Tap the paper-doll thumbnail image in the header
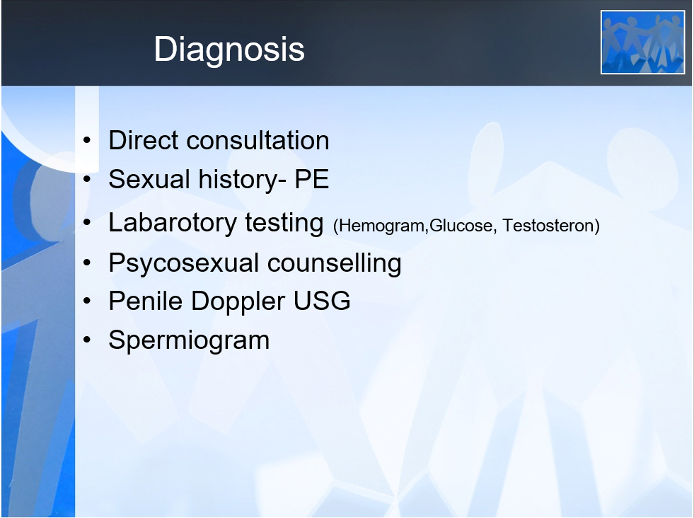(x=642, y=42)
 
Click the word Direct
(x=144, y=140)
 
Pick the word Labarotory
(x=173, y=223)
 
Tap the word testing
(x=284, y=223)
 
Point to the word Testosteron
(x=548, y=225)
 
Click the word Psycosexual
(x=184, y=263)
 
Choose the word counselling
(x=334, y=263)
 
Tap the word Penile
(x=146, y=301)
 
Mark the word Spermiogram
(x=189, y=341)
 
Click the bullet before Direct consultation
(x=87, y=141)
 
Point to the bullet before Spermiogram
(x=87, y=340)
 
